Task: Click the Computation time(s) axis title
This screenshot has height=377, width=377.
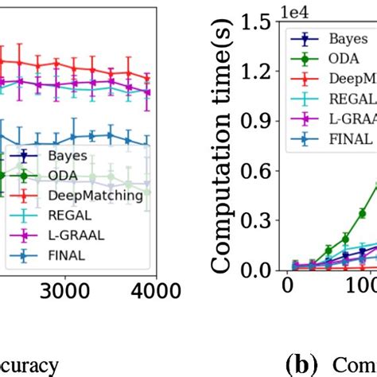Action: click(x=224, y=146)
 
